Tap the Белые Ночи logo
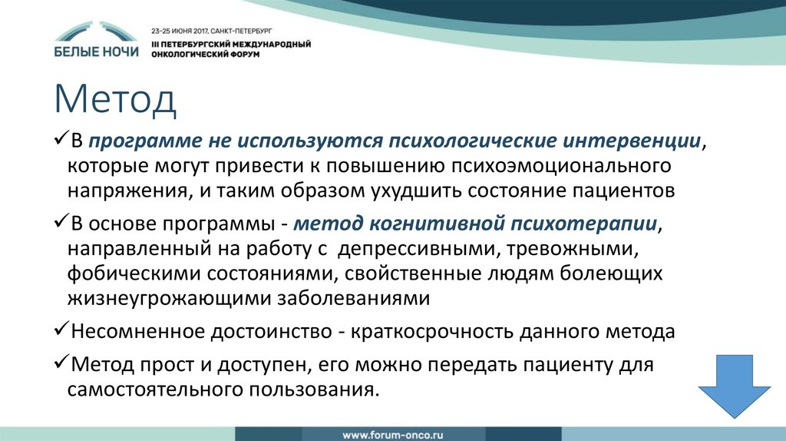(x=97, y=42)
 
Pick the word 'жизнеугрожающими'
(x=156, y=298)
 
